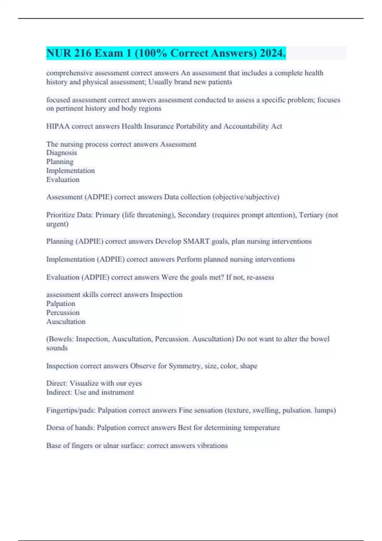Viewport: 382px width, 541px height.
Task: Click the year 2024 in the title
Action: click(x=272, y=53)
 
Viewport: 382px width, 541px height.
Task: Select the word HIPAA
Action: click(x=58, y=126)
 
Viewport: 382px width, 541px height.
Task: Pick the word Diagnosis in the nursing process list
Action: click(x=61, y=153)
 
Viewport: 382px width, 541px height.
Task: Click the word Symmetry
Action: click(x=185, y=366)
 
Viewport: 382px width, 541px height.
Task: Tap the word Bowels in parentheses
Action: click(x=61, y=339)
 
